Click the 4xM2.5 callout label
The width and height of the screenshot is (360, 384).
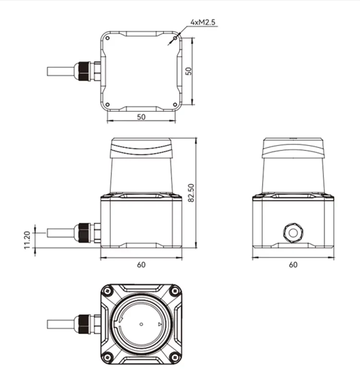202,22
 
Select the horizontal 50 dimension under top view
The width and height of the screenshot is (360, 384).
141,117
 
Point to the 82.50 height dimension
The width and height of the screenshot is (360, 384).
191,193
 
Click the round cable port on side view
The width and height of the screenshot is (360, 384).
292,233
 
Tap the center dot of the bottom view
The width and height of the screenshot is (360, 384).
141,324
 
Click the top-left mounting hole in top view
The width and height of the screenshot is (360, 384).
108,38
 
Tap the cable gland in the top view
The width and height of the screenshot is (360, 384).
86,71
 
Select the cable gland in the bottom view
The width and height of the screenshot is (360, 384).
86,324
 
